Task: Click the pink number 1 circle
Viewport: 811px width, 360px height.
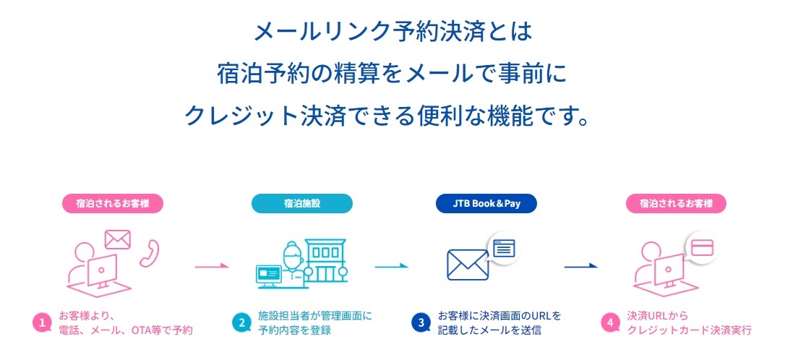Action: click(42, 322)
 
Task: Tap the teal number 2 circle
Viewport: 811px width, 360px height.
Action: click(241, 322)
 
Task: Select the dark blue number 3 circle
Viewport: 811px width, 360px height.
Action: click(421, 322)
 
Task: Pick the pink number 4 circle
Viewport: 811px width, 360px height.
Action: click(611, 322)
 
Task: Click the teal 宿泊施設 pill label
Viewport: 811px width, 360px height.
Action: click(302, 203)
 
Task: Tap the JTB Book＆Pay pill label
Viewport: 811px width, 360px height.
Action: click(486, 203)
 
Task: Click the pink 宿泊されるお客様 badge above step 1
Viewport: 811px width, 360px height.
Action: click(113, 203)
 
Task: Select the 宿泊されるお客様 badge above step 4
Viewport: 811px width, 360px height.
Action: click(676, 203)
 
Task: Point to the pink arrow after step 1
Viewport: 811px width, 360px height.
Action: click(212, 266)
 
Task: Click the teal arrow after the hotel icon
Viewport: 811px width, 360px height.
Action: click(392, 266)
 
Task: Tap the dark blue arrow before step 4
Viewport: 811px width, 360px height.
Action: click(581, 266)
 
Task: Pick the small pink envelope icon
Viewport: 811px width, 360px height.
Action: click(117, 239)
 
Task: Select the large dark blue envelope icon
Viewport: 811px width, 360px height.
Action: click(468, 265)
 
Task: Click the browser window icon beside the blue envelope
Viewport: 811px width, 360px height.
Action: click(505, 249)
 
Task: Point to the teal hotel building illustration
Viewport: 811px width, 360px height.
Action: click(325, 261)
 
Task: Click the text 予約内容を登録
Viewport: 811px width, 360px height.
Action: click(294, 330)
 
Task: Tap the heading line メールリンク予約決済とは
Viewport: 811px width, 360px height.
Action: click(393, 32)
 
